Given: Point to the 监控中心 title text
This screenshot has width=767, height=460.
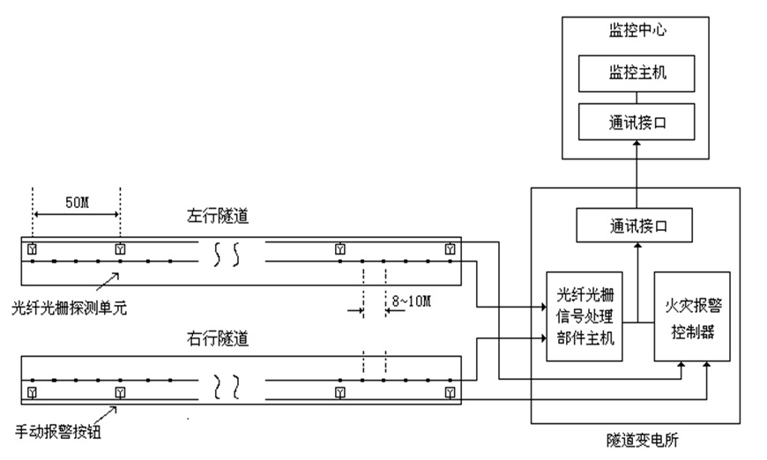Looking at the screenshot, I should point(635,30).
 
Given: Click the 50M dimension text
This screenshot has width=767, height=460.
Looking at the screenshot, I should point(77,202).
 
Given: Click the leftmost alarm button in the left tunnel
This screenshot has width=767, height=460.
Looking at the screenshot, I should point(33,249).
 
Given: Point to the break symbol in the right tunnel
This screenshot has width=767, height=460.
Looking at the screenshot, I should point(227,384).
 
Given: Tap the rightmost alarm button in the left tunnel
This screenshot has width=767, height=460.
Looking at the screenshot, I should point(451,249).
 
